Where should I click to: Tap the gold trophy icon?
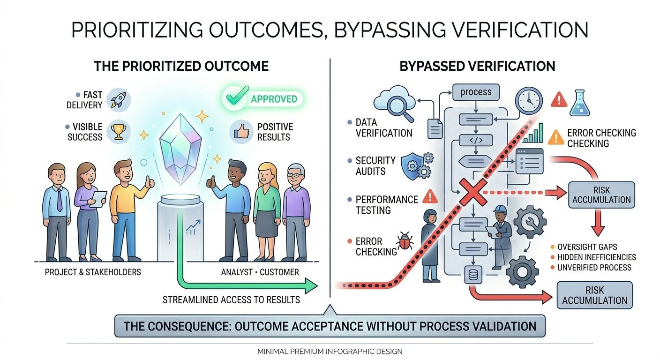[118, 132]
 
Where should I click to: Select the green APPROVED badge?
[262, 99]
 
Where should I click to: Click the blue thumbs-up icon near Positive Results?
[241, 132]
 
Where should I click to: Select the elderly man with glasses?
[296, 206]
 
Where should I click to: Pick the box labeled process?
[475, 92]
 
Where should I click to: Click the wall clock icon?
[528, 101]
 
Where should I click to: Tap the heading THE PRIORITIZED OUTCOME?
[181, 66]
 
